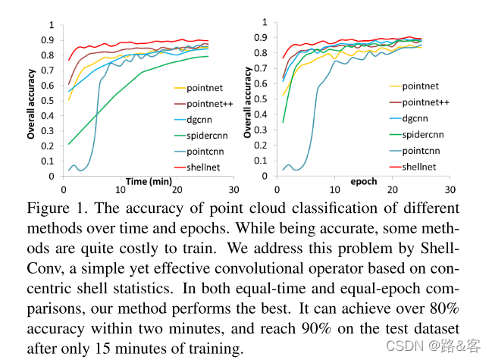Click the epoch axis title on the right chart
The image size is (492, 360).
[x=363, y=182]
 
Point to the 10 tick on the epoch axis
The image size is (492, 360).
[x=334, y=189]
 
